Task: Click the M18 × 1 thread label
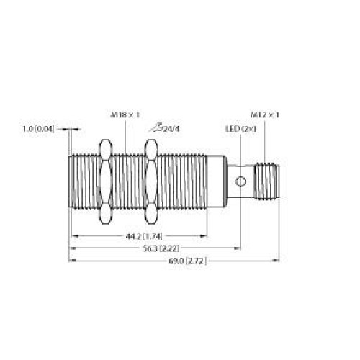pos(125,115)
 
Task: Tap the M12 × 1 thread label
pos(265,115)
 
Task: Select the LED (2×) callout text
pos(240,129)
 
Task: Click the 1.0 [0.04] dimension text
pos(38,130)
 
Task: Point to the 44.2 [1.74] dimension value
pos(144,236)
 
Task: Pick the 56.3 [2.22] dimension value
pos(161,248)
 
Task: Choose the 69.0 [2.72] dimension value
pos(187,261)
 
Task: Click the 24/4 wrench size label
pos(171,130)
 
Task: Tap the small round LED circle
pos(240,181)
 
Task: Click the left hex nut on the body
pos(106,181)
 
